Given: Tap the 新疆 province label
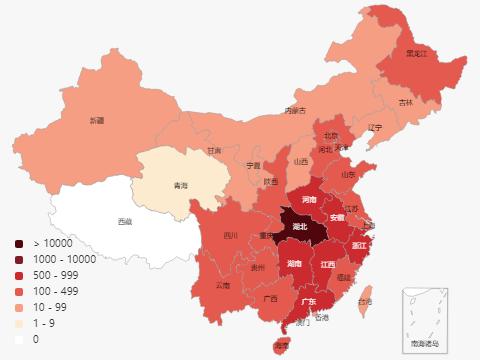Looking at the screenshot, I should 96,120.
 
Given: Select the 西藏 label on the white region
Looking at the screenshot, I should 124,221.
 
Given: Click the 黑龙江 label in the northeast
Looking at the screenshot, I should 417,53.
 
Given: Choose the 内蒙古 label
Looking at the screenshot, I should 295,110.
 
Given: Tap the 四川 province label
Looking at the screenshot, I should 230,236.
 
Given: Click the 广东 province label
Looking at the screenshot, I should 309,301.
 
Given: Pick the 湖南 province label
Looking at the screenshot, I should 295,264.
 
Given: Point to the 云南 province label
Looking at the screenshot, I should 222,285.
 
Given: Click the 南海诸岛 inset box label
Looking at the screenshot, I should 424,343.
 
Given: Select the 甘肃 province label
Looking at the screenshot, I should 214,151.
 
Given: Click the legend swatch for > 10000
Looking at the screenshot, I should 19,243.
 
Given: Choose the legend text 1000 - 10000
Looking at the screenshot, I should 64,259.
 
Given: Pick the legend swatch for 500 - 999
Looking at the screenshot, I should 19,275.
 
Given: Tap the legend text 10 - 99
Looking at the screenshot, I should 50,307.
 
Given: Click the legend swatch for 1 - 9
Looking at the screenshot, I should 19,323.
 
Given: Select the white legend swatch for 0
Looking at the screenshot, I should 19,339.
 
